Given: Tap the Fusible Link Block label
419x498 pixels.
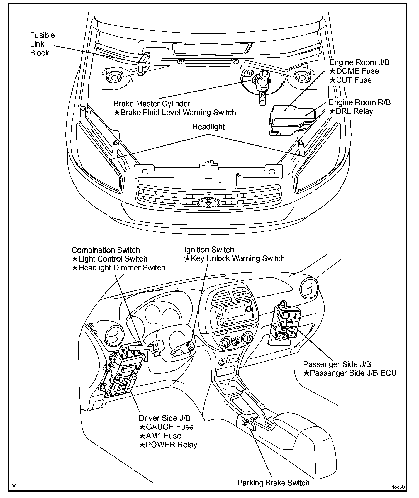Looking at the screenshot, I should [42, 44].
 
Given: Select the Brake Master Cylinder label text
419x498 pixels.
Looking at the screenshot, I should [152, 104].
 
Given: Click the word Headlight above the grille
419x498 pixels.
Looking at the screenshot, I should [208, 127].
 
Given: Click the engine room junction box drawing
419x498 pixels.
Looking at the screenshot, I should [292, 120].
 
